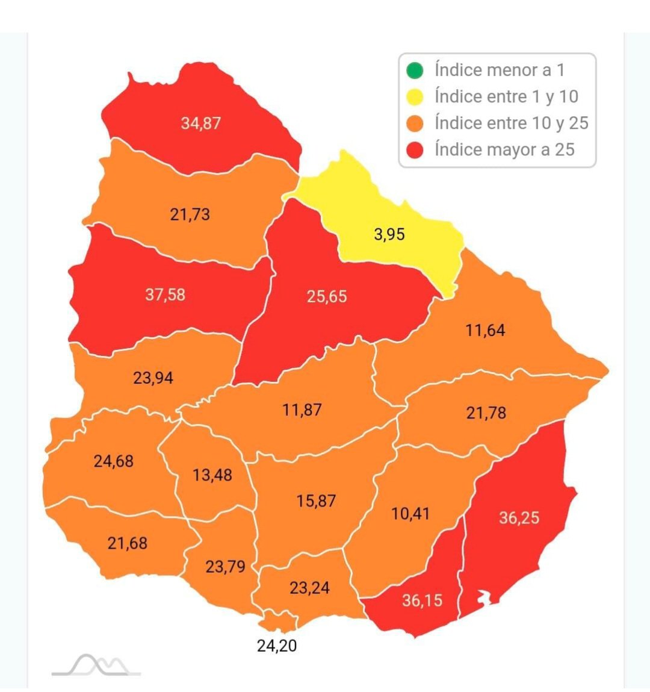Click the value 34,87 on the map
(x=201, y=123)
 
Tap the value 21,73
(x=190, y=214)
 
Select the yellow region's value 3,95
(x=389, y=234)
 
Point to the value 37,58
(x=165, y=295)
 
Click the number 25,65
(x=327, y=296)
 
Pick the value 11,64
(x=485, y=331)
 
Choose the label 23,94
(x=153, y=378)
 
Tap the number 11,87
(x=302, y=410)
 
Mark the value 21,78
(x=486, y=413)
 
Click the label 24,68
(x=113, y=461)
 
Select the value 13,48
(x=212, y=475)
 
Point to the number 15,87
(x=316, y=501)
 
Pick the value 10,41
(x=410, y=514)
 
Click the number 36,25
(x=519, y=518)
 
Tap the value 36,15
(x=422, y=600)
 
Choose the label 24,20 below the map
(x=276, y=646)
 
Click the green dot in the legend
(x=415, y=70)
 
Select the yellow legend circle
(x=415, y=97)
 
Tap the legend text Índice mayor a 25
(x=504, y=150)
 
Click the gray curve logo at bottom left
(x=96, y=666)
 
